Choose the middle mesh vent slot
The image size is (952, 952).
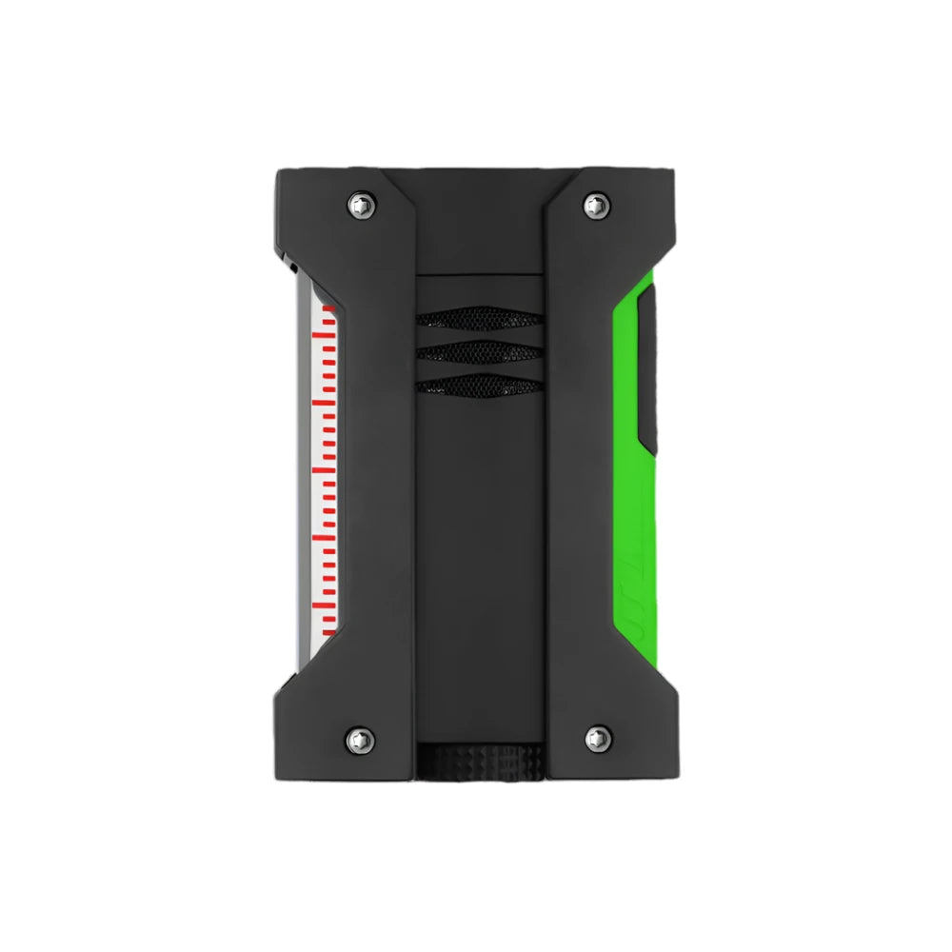tap(479, 352)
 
